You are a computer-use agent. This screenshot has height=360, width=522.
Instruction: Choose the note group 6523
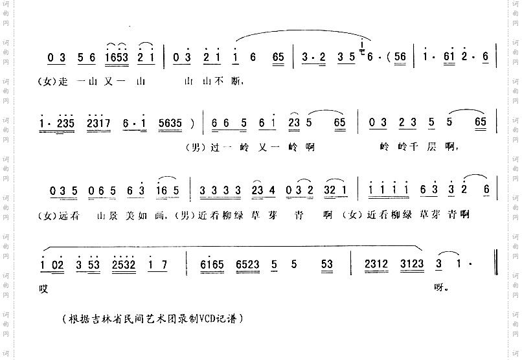coord(249,264)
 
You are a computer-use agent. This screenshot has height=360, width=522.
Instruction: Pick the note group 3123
coord(414,264)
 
